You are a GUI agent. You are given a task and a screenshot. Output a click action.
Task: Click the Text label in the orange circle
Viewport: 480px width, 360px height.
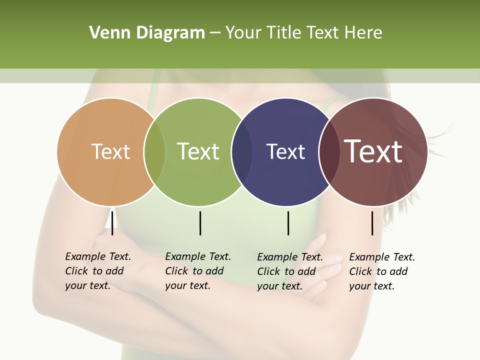[110, 151]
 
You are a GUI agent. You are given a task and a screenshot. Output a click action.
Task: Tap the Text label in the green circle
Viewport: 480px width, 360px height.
[198, 151]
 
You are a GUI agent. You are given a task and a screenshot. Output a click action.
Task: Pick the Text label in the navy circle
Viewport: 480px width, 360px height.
[285, 151]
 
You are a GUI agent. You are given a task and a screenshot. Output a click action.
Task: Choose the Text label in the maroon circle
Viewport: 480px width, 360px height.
[373, 151]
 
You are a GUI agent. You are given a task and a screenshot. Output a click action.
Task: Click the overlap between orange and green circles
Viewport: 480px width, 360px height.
[154, 152]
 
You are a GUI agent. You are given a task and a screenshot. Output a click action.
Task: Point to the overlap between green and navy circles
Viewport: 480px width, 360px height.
[242, 152]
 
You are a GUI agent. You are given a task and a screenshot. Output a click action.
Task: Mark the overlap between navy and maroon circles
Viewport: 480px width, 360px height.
[329, 152]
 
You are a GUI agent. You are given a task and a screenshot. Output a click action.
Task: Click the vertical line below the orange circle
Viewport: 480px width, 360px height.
[112, 223]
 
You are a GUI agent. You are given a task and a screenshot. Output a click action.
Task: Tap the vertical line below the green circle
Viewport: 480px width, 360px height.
[200, 223]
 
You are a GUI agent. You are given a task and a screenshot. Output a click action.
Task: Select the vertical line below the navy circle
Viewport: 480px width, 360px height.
[288, 223]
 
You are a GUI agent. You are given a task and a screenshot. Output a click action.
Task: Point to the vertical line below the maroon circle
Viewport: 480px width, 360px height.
[372, 223]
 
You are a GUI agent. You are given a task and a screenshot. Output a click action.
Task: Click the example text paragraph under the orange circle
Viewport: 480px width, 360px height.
[98, 271]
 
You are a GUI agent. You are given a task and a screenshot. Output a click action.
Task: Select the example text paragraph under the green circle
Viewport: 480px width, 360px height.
[198, 271]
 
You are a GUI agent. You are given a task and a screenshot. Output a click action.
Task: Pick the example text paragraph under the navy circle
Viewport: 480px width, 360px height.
[290, 271]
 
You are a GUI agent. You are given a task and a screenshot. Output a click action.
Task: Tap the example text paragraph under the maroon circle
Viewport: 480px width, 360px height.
[382, 271]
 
